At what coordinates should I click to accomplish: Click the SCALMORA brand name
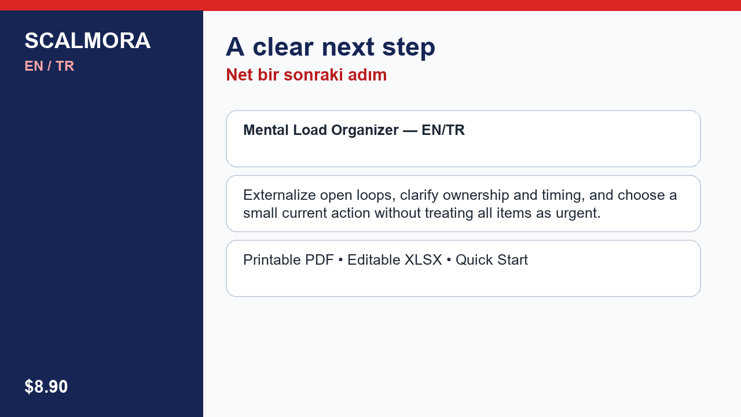coord(87,41)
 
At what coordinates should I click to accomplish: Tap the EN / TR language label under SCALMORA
coord(49,66)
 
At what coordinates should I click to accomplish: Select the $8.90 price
coord(46,386)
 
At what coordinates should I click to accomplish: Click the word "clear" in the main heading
coord(283,47)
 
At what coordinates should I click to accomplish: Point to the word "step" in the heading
coord(409,48)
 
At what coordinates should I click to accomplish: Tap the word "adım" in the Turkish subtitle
coord(367,75)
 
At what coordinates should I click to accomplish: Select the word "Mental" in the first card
coord(266,130)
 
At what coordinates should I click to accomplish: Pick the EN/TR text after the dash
coord(443,130)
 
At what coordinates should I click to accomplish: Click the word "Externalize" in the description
coord(280,195)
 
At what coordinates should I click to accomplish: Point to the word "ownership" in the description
coord(476,196)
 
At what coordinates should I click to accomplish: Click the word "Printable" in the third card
coord(272,260)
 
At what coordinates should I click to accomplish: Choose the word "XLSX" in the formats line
coord(423,260)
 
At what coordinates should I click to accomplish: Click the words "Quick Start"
coord(491,260)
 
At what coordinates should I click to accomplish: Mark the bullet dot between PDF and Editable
coord(340,261)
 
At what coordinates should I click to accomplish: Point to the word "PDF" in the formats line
coord(319,260)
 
